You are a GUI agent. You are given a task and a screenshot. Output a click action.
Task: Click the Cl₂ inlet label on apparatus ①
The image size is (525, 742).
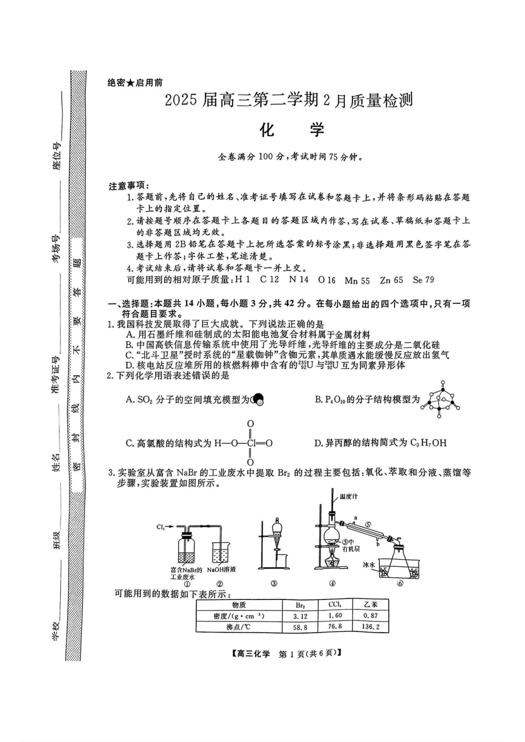[160, 526]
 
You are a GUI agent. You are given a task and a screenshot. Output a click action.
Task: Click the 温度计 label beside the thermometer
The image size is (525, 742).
[349, 497]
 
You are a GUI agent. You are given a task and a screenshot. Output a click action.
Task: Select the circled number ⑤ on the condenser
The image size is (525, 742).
[368, 525]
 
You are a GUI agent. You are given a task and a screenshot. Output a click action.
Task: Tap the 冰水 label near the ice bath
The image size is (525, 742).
[368, 565]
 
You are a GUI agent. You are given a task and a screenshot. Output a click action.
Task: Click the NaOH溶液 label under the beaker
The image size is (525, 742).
[221, 570]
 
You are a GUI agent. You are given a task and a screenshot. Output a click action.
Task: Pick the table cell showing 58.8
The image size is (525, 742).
[301, 627]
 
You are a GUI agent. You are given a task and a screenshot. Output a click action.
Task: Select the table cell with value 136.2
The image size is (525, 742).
[371, 627]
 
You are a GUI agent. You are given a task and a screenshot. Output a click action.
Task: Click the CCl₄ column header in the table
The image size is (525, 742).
[335, 605]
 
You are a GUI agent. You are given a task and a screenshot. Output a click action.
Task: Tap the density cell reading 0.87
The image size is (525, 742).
[370, 615]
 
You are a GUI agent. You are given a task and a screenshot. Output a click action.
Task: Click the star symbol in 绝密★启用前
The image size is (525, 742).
[130, 83]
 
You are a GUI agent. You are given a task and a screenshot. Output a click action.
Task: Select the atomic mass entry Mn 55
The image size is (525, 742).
[357, 280]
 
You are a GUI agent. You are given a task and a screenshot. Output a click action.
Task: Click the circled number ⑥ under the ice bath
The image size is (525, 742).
[400, 583]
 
